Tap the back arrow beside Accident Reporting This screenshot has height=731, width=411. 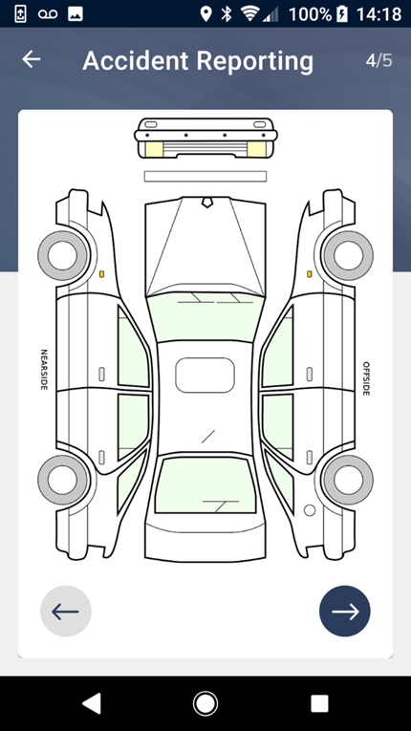point(32,59)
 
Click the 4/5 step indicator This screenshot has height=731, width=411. point(379,60)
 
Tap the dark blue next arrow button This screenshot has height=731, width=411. point(345,612)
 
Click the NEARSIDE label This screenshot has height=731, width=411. point(44,370)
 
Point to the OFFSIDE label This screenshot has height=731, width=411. point(366,378)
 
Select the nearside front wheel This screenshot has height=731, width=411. point(62,255)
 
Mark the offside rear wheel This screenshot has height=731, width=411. point(348,480)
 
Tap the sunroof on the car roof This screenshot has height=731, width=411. point(205,376)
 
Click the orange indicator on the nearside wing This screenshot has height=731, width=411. point(101,274)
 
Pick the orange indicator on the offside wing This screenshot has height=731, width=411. point(309,274)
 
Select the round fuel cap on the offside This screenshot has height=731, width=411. point(310,510)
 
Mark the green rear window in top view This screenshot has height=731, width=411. point(205,484)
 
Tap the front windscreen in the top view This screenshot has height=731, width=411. point(205,317)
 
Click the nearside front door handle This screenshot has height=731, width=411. point(101,374)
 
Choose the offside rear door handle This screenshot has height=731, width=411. point(310,458)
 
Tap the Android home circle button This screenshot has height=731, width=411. point(205,703)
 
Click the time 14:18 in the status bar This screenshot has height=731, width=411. point(379,14)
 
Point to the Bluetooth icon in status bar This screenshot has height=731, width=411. point(227,14)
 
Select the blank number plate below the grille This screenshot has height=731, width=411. point(205,176)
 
